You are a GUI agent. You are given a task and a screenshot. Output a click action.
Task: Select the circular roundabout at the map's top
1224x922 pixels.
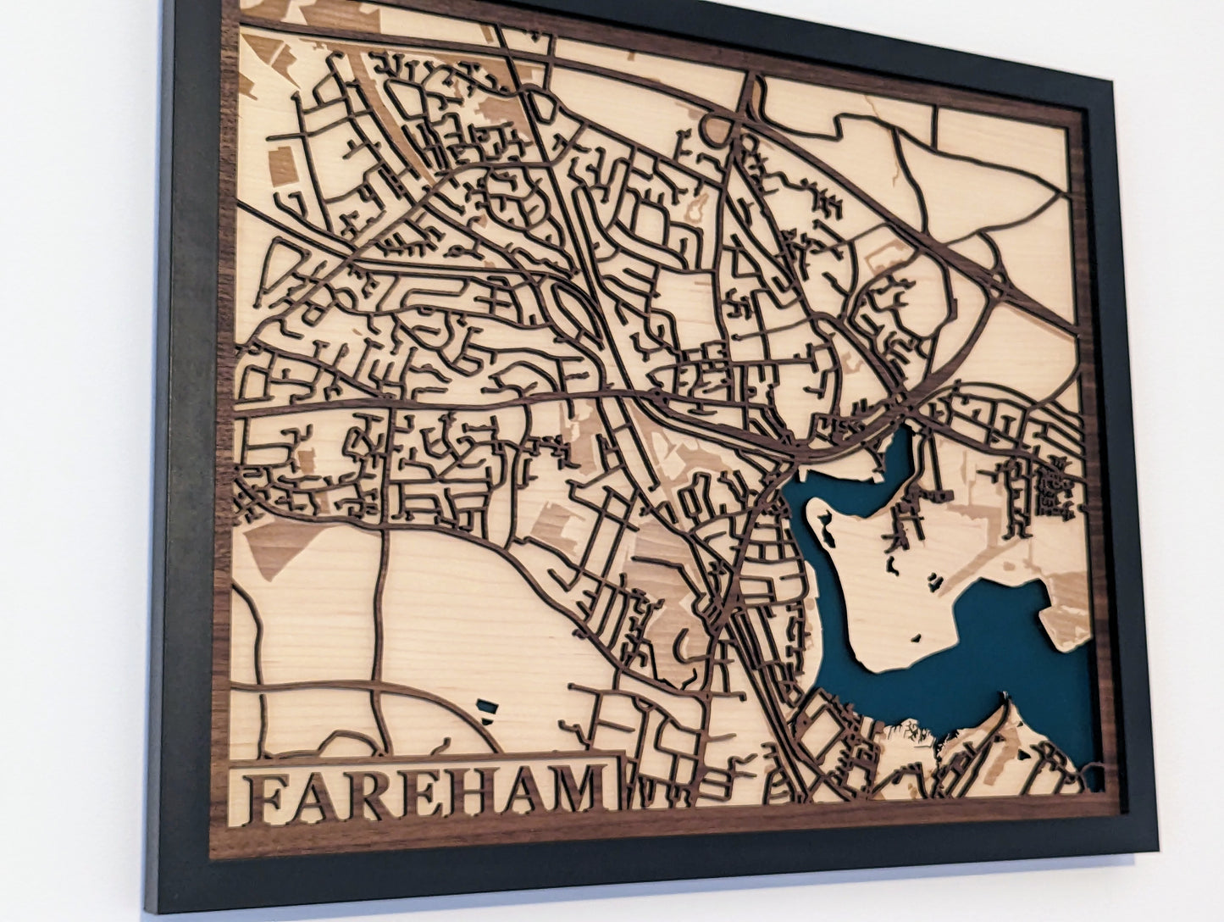pyautogui.click(x=717, y=130)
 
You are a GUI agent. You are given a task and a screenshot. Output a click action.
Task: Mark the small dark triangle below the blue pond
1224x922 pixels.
pyautogui.click(x=486, y=719)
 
